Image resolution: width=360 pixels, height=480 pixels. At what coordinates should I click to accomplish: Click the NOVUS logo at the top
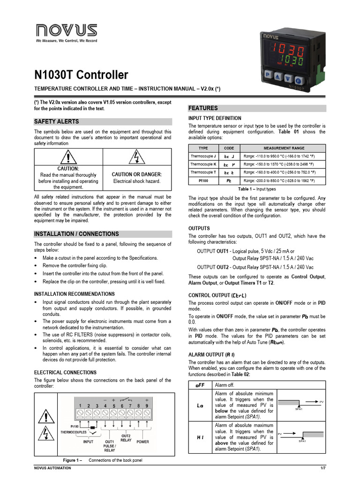point(67,31)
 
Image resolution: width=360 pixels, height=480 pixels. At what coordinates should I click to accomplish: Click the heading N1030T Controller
point(81,75)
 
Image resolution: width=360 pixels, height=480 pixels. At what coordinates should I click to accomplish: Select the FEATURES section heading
point(203,108)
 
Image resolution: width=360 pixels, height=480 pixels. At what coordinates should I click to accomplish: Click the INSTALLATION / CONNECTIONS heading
point(77,234)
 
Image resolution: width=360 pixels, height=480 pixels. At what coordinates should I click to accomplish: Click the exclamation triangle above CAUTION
point(68,157)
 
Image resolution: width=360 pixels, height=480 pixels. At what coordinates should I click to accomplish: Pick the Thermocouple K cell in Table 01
point(203,164)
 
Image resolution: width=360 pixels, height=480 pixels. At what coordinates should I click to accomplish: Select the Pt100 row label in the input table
point(203,180)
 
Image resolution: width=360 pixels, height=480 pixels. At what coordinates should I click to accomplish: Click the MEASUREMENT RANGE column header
point(284,148)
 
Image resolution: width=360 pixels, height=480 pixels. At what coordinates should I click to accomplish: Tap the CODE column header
point(229,148)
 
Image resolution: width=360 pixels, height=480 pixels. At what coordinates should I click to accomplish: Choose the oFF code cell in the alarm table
point(200,385)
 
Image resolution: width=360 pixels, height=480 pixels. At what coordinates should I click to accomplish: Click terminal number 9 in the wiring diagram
point(147,405)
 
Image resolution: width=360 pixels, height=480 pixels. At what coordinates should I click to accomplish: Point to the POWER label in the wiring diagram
point(142,442)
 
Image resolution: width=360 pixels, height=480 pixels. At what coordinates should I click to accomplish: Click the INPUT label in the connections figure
point(88,442)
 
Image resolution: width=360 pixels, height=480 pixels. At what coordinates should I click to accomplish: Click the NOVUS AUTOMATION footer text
point(53,468)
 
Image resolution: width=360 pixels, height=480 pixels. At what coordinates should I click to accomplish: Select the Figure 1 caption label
point(73,460)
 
